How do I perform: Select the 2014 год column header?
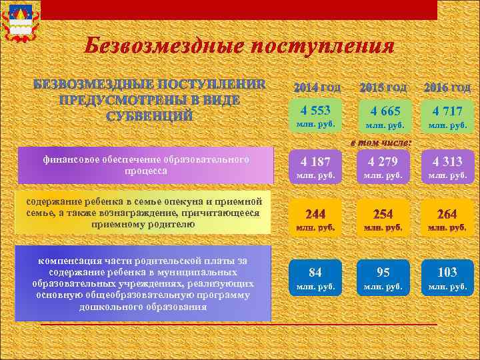pyautogui.click(x=317, y=88)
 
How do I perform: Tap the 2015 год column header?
pyautogui.click(x=383, y=88)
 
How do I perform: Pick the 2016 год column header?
pyautogui.click(x=447, y=88)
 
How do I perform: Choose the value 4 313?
pyautogui.click(x=447, y=161)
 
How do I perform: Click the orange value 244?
pyautogui.click(x=315, y=214)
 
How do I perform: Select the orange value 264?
pyautogui.click(x=447, y=214)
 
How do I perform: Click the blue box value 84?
pyautogui.click(x=315, y=272)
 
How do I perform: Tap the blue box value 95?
pyautogui.click(x=383, y=272)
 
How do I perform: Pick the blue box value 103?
pyautogui.click(x=447, y=272)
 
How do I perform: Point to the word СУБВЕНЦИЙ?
pyautogui.click(x=150, y=115)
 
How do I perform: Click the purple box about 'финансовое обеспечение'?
pyautogui.click(x=145, y=165)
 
